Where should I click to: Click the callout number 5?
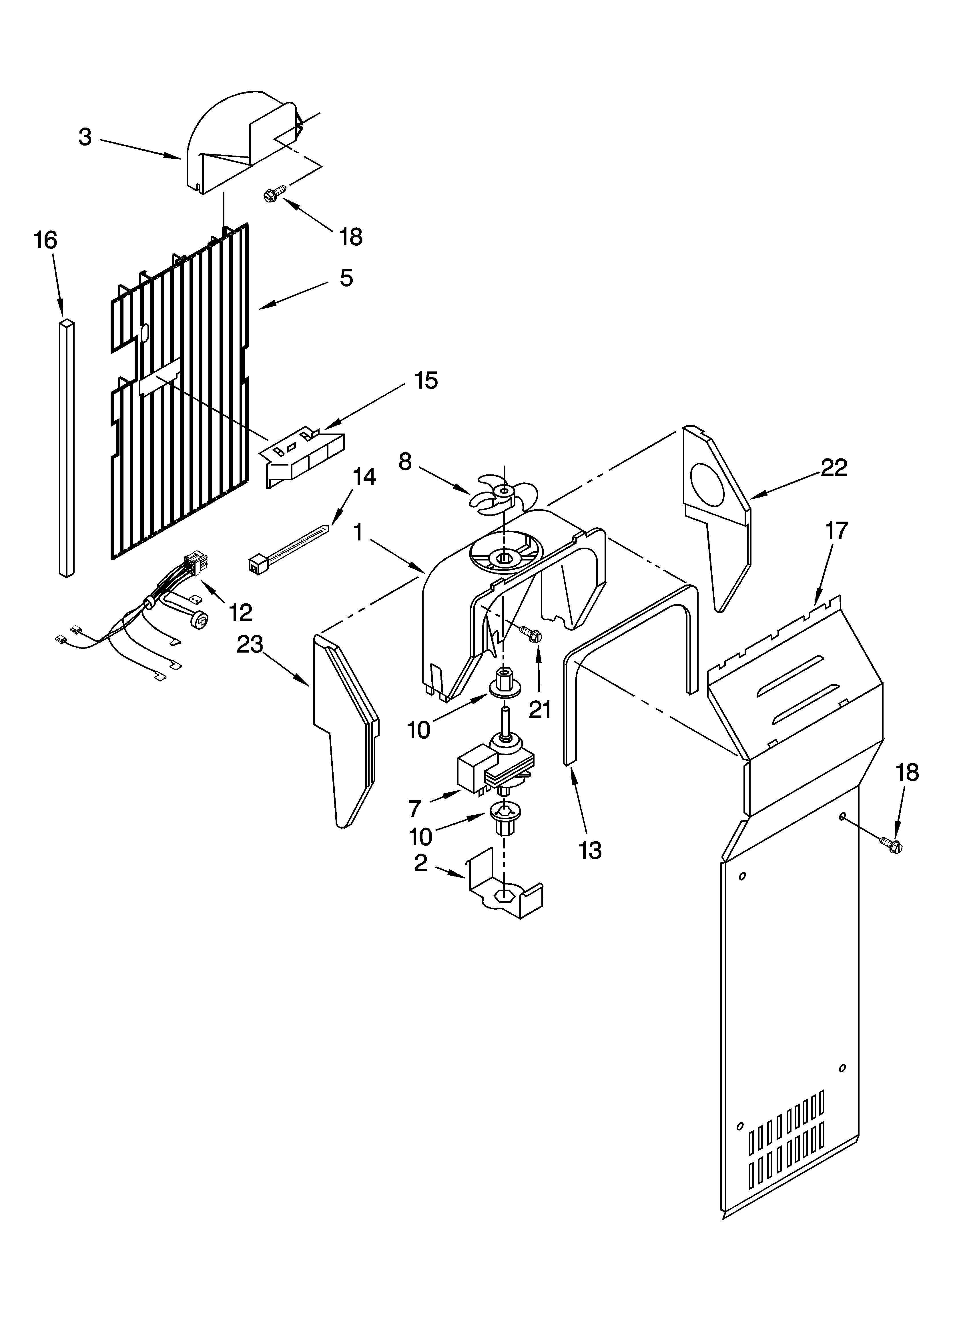pyautogui.click(x=346, y=278)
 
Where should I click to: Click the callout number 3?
pyautogui.click(x=85, y=137)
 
